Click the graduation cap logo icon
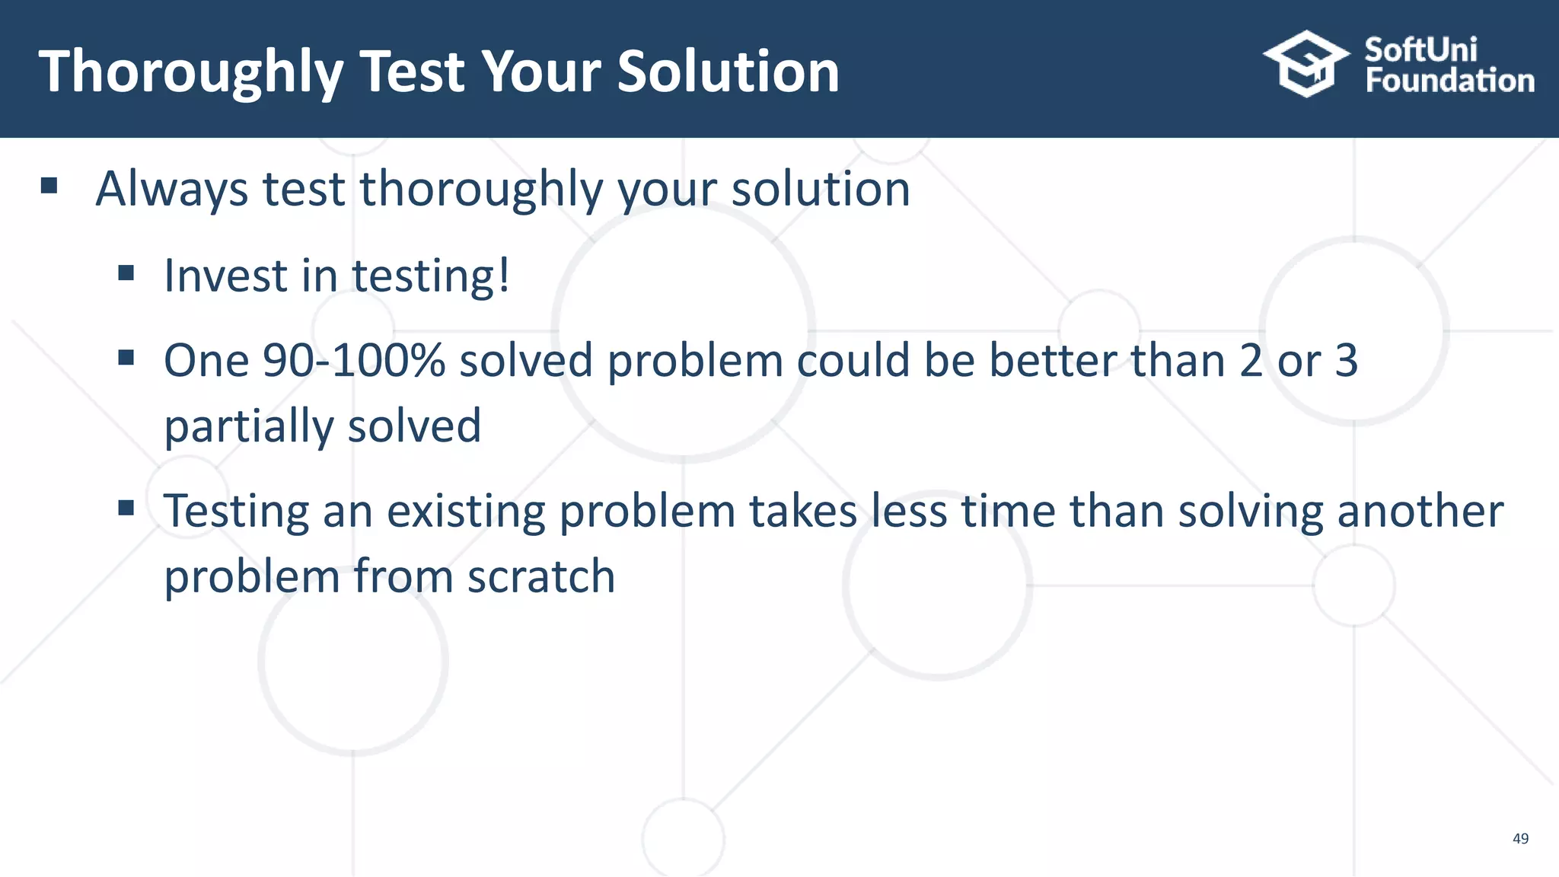click(1306, 64)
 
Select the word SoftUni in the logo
click(1420, 50)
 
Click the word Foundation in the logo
click(1449, 81)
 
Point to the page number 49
click(1520, 838)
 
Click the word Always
click(171, 189)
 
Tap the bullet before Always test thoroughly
click(49, 186)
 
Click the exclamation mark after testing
click(503, 275)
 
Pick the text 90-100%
click(353, 360)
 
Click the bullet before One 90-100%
click(126, 357)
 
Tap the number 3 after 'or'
click(1346, 360)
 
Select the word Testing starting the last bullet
click(236, 512)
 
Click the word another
click(1420, 511)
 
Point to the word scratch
click(540, 576)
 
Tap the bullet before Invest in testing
click(126, 273)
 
